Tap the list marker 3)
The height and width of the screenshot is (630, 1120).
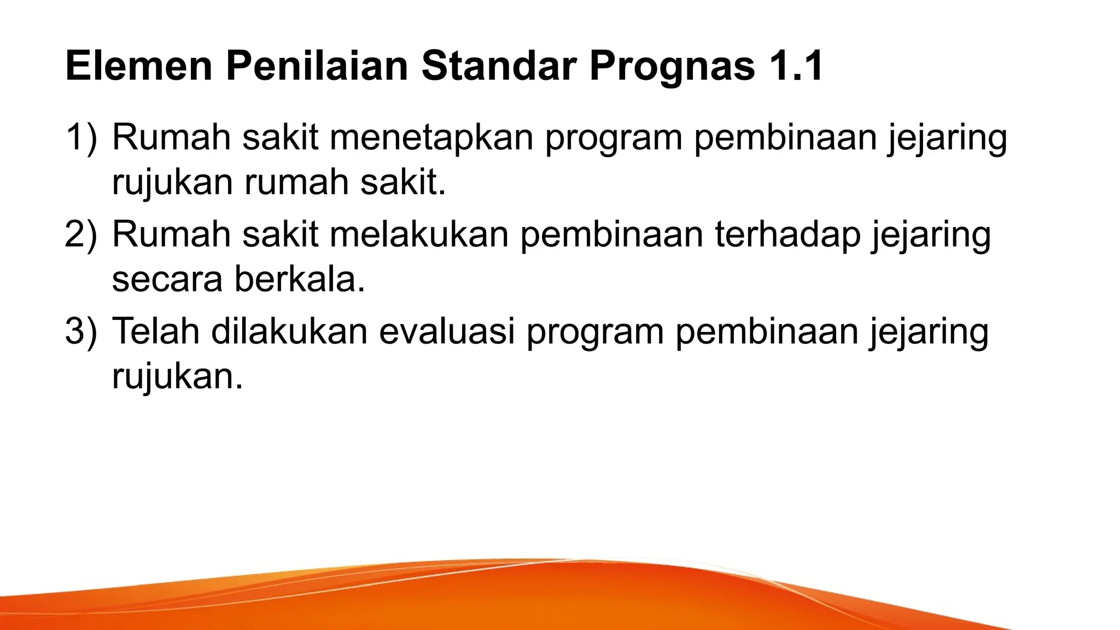pyautogui.click(x=81, y=331)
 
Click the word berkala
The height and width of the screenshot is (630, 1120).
pyautogui.click(x=300, y=279)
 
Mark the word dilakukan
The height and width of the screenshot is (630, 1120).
pyautogui.click(x=289, y=331)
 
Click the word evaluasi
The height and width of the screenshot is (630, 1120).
pyautogui.click(x=447, y=331)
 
